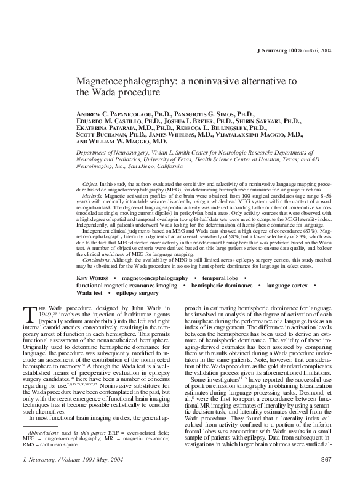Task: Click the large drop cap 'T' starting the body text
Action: click(x=26, y=315)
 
